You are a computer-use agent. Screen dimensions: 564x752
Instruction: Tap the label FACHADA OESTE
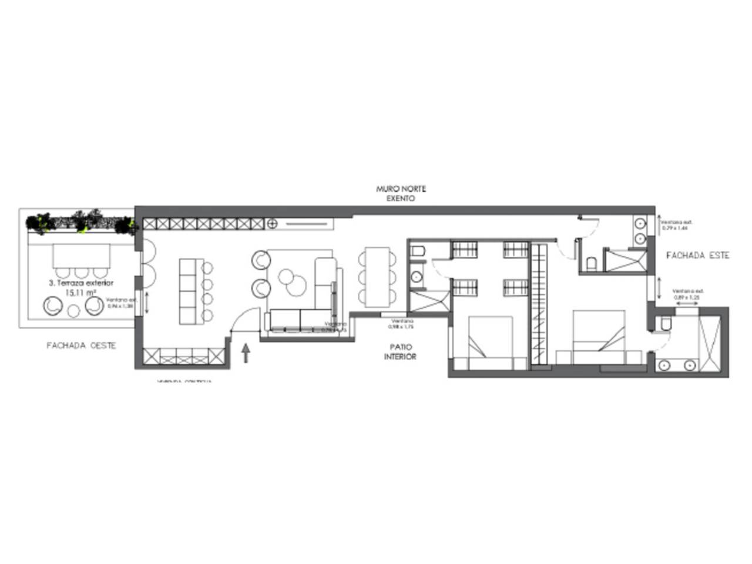tap(81, 345)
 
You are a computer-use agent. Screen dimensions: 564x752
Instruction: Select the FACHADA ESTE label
tap(698, 256)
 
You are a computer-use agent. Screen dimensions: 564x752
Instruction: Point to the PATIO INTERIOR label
tap(401, 352)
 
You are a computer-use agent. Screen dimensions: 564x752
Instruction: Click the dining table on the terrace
tap(82, 256)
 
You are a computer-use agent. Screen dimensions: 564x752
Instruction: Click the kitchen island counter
tap(190, 291)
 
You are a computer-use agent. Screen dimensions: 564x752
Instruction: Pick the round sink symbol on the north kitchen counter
tap(272, 223)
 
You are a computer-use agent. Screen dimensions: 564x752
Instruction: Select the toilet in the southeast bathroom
tap(664, 324)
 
